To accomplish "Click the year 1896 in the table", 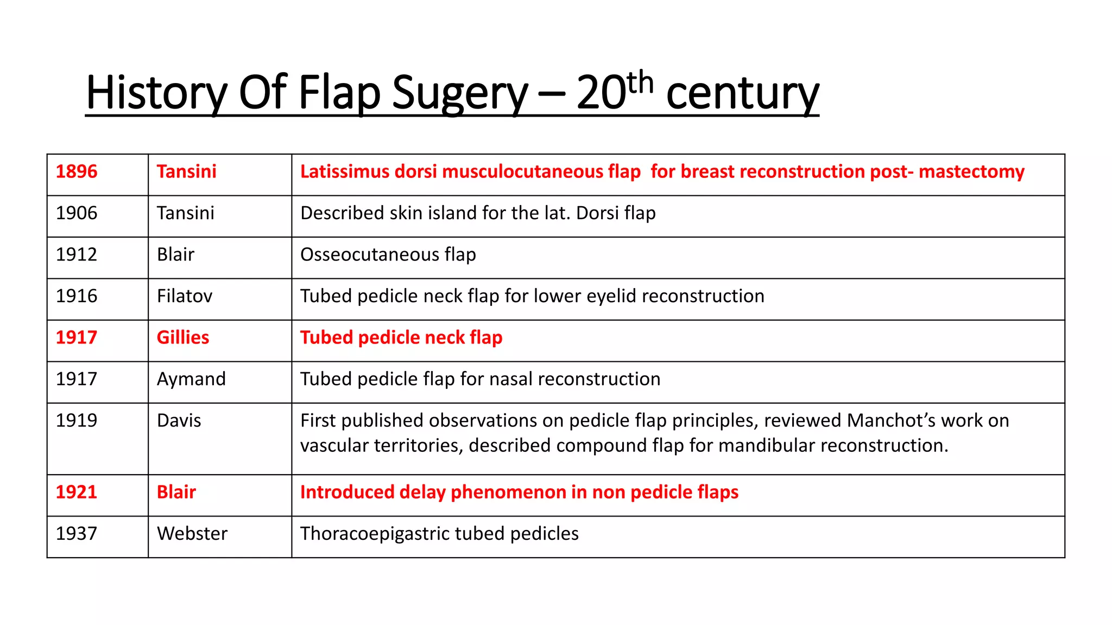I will tap(77, 172).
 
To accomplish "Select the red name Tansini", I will tap(186, 172).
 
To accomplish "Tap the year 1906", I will tap(77, 213).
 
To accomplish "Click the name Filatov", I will tap(185, 296).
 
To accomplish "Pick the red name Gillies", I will tap(183, 337).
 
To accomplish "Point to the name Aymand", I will tap(191, 379).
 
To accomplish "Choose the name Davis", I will tap(179, 420).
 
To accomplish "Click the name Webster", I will tap(192, 534).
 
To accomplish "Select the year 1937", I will tap(77, 534).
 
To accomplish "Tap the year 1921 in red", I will tap(77, 492).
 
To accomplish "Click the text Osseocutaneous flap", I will tap(388, 255).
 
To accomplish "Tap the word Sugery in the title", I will tap(459, 93).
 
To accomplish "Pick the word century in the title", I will tap(742, 93).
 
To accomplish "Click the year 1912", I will tap(77, 255).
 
